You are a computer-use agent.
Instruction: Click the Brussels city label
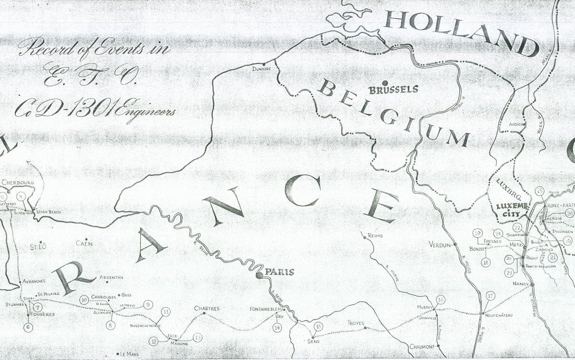click(394, 89)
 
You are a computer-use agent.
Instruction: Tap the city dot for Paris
click(259, 275)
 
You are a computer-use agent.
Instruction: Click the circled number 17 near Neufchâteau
click(491, 296)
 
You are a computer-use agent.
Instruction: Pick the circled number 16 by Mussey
click(441, 299)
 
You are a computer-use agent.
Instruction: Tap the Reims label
click(374, 235)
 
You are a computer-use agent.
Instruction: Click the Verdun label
click(439, 245)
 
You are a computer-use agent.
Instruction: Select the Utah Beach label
click(49, 212)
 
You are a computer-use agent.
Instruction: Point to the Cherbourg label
click(18, 182)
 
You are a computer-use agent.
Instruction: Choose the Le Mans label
click(129, 354)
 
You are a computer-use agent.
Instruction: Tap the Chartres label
click(207, 309)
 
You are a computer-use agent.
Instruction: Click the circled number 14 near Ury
click(278, 327)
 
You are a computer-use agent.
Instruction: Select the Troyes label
click(355, 323)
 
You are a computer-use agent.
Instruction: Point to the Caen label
click(84, 243)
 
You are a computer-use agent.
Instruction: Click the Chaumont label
click(422, 347)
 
